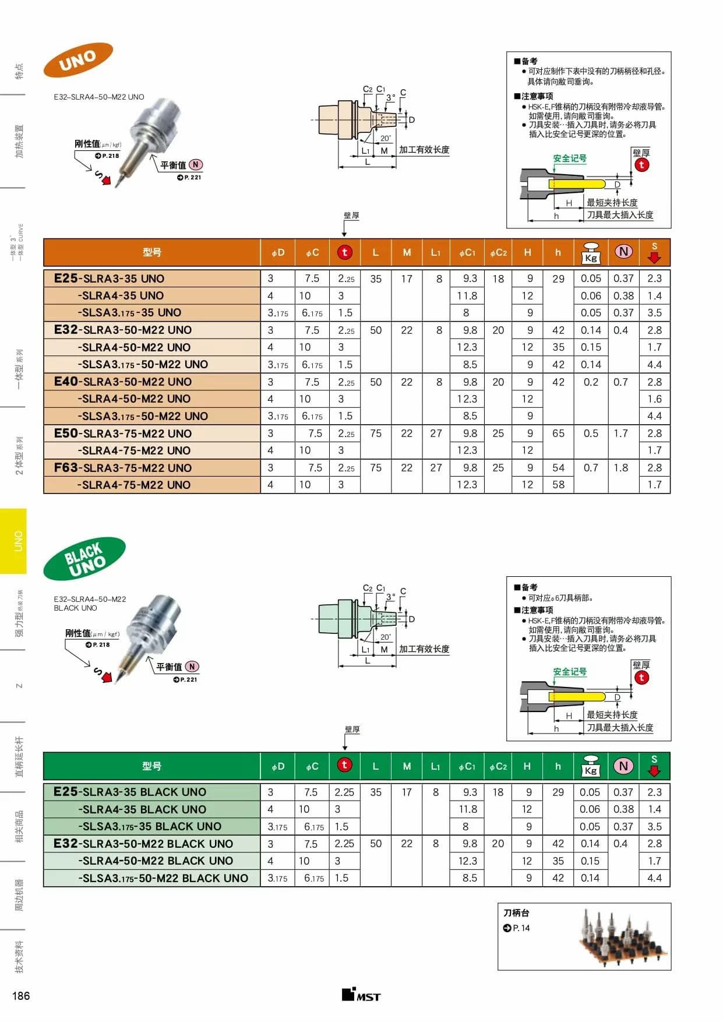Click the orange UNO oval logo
pyautogui.click(x=77, y=59)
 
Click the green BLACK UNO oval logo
pyautogui.click(x=84, y=559)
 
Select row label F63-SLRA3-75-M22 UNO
pyautogui.click(x=123, y=467)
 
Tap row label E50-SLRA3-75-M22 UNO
pyautogui.click(x=123, y=433)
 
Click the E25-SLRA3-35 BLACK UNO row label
pyautogui.click(x=130, y=791)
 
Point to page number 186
pyautogui.click(x=21, y=995)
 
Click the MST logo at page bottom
pyautogui.click(x=361, y=995)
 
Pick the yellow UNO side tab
pyautogui.click(x=18, y=541)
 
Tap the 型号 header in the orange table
pyautogui.click(x=151, y=252)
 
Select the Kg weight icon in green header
pyautogui.click(x=590, y=766)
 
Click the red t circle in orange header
pyautogui.click(x=344, y=252)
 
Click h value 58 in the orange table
pyautogui.click(x=558, y=484)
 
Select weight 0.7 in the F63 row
pyautogui.click(x=591, y=467)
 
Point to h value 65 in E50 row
pyautogui.click(x=558, y=433)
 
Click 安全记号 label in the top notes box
pyautogui.click(x=569, y=158)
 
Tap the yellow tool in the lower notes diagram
pyautogui.click(x=576, y=696)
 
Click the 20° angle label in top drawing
pyautogui.click(x=386, y=139)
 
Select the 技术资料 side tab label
pyautogui.click(x=19, y=956)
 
